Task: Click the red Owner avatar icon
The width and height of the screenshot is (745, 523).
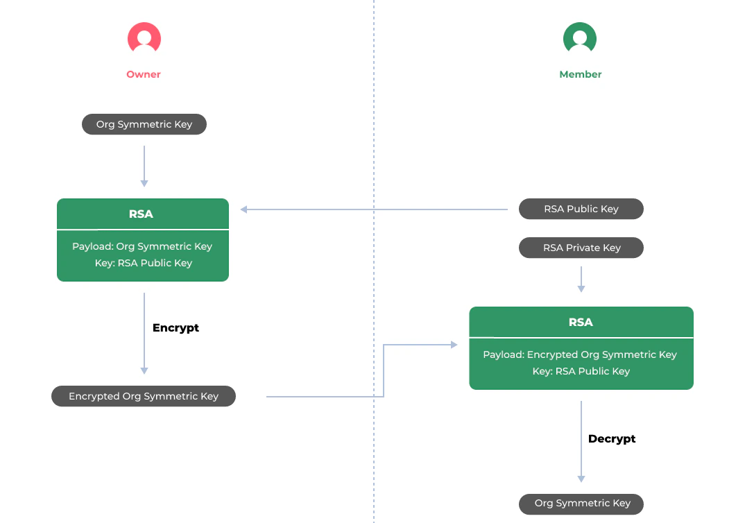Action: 144,38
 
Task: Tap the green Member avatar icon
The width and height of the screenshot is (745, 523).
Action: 580,38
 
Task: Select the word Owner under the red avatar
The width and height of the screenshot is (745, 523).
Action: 144,74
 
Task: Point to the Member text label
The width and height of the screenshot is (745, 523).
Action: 581,74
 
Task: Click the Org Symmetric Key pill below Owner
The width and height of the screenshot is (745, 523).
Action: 144,124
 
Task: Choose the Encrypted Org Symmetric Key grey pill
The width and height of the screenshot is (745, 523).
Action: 144,396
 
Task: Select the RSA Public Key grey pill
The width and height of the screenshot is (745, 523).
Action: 581,209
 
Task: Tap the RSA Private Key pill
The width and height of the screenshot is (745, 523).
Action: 581,248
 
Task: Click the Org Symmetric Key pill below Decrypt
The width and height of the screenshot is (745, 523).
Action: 581,503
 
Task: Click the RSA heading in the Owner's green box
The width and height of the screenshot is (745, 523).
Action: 142,214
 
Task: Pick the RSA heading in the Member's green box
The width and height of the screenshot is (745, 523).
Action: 581,323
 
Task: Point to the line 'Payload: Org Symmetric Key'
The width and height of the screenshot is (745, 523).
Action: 142,246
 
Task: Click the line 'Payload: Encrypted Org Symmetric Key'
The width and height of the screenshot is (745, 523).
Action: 580,354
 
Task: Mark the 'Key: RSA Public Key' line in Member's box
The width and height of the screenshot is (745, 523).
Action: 581,371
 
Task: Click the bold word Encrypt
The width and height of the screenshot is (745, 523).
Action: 175,327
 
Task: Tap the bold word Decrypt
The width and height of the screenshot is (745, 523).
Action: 612,438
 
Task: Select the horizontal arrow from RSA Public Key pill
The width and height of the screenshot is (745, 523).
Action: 375,209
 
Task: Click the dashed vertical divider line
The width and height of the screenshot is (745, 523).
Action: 374,139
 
